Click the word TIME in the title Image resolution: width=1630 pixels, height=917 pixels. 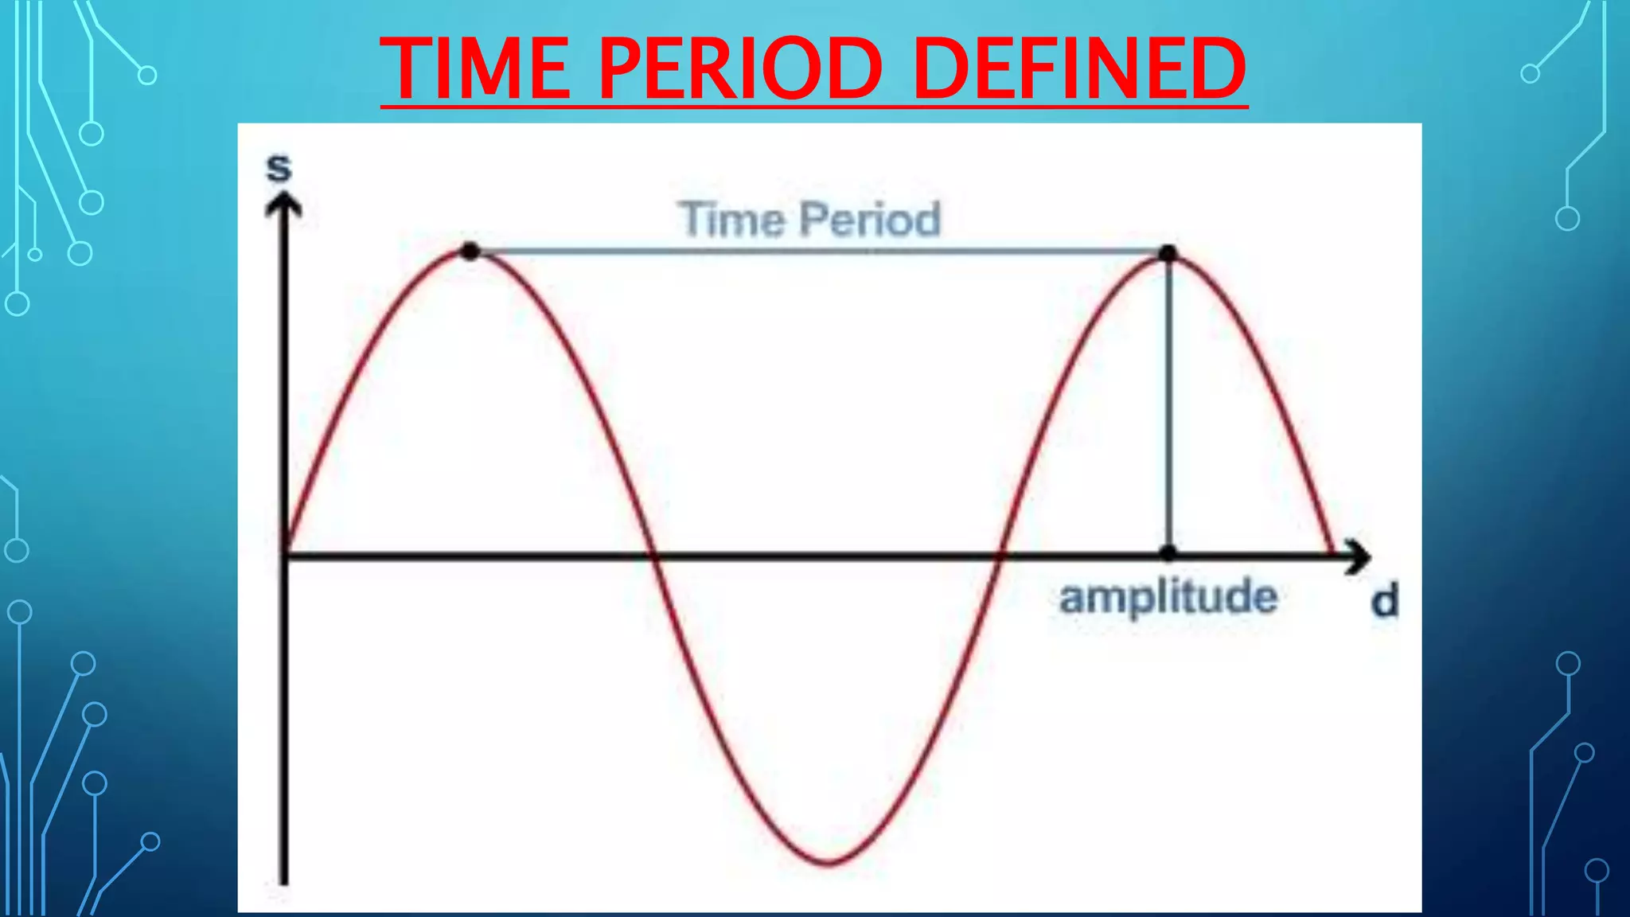[474, 69]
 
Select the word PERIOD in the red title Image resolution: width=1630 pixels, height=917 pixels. [740, 69]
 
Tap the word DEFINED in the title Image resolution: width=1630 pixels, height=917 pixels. [1079, 69]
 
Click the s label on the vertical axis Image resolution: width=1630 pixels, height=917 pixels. [279, 168]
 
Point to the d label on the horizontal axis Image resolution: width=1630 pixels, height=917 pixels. [1385, 601]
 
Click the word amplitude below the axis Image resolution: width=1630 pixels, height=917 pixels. [1168, 598]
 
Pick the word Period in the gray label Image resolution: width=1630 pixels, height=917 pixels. [870, 220]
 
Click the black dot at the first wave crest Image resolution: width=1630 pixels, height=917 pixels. [470, 252]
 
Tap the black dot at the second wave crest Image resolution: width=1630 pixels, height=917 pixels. [1168, 254]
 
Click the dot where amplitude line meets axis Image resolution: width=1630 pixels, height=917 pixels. [1168, 552]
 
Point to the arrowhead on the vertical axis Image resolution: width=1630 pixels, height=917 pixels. [283, 205]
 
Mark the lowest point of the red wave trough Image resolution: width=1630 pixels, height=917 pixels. [829, 863]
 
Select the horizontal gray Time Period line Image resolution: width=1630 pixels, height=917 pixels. [820, 252]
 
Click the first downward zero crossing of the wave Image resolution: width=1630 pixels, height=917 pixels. [653, 555]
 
